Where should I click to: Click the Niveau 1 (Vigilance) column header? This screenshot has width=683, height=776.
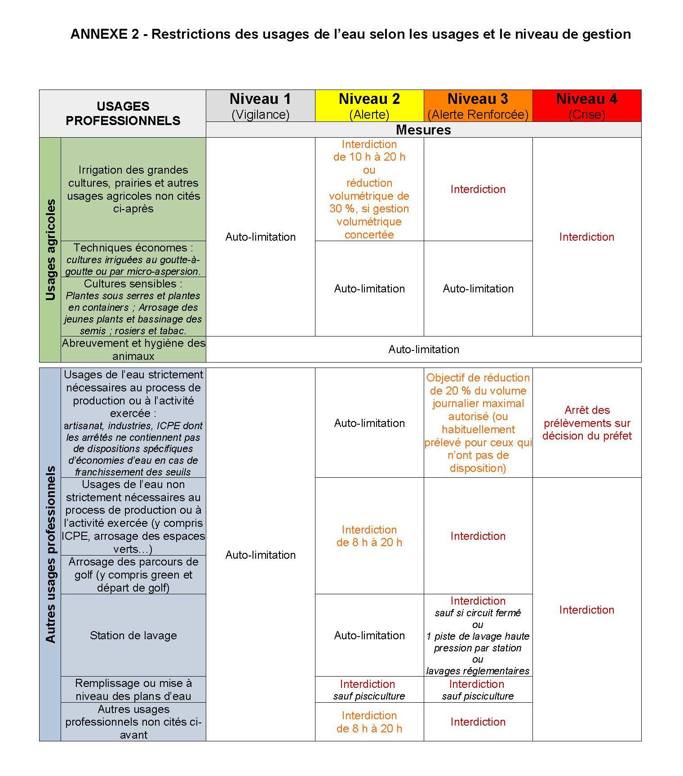(260, 106)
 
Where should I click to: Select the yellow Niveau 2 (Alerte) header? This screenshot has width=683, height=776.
(369, 106)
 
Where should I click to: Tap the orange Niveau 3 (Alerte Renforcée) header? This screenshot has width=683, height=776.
(478, 106)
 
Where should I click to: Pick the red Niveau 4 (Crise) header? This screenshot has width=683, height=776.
(586, 106)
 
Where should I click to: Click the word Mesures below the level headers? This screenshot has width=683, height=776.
(423, 130)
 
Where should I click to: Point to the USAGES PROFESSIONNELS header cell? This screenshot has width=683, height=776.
(123, 113)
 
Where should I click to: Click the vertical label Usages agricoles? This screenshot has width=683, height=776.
(50, 250)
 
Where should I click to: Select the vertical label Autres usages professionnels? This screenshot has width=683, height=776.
(50, 554)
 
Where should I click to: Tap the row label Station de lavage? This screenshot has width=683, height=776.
(133, 635)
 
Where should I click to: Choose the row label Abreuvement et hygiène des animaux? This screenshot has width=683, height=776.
(133, 350)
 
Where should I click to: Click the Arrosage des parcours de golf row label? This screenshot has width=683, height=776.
(133, 574)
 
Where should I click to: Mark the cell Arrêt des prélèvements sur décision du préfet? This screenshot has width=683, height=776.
(586, 423)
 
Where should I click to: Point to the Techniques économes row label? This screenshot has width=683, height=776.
(133, 259)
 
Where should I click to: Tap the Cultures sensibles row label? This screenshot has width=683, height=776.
(133, 307)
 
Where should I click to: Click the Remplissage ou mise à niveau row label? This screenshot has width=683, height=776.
(133, 689)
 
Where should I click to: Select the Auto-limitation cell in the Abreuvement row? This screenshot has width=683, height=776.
(423, 350)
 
